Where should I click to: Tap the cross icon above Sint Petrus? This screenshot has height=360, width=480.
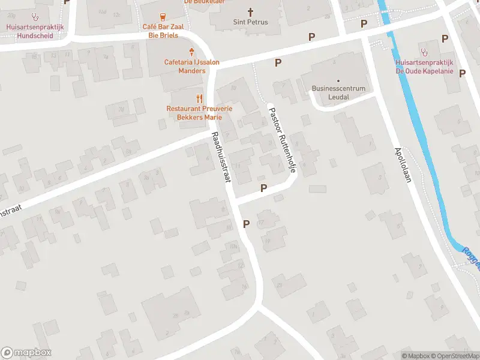(x=250, y=11)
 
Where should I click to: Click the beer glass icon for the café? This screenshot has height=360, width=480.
(x=162, y=16)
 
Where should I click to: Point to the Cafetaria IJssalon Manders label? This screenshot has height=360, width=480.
(x=191, y=66)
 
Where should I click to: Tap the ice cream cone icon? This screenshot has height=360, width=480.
(x=191, y=52)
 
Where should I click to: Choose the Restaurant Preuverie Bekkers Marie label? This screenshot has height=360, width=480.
(x=199, y=113)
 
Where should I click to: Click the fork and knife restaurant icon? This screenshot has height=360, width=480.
(x=199, y=98)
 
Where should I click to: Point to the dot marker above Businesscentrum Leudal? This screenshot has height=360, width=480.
(x=338, y=80)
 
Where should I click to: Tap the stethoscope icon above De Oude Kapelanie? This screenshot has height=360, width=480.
(x=424, y=52)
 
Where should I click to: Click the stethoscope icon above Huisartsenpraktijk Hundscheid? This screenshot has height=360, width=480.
(x=35, y=17)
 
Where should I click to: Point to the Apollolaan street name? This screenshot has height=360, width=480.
(x=402, y=166)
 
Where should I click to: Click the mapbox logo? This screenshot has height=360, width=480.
(x=26, y=353)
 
